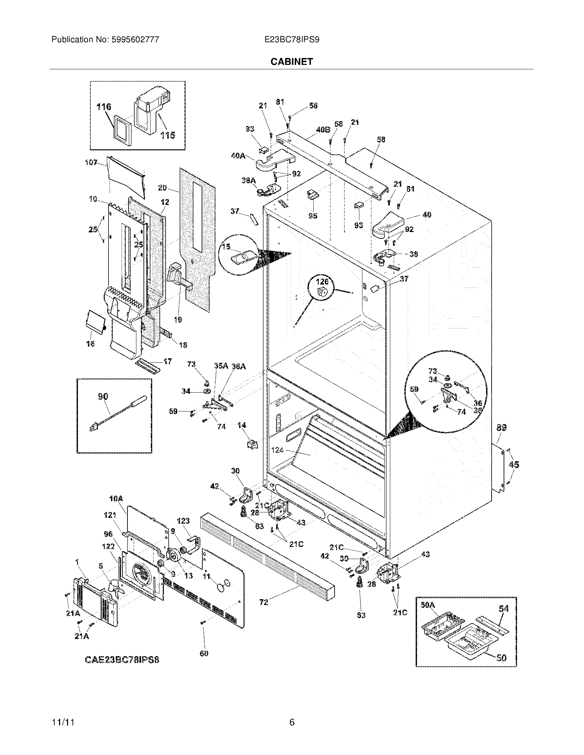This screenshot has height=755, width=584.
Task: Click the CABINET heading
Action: (291, 61)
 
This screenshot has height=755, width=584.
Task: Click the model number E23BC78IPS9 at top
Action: (292, 40)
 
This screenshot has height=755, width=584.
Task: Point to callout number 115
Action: (167, 135)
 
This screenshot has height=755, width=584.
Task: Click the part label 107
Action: (91, 162)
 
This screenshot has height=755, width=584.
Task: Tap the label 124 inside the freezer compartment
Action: (278, 450)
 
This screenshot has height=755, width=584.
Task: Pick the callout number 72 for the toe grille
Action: (263, 602)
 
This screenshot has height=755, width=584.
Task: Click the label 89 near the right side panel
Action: (502, 428)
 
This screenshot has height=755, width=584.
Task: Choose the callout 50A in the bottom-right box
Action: (428, 605)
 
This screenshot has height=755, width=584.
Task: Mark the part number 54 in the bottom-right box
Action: (504, 608)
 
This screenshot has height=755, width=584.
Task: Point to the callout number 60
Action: (204, 653)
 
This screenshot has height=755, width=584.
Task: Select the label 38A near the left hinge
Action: (248, 180)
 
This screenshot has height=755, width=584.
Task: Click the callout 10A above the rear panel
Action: (116, 499)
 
